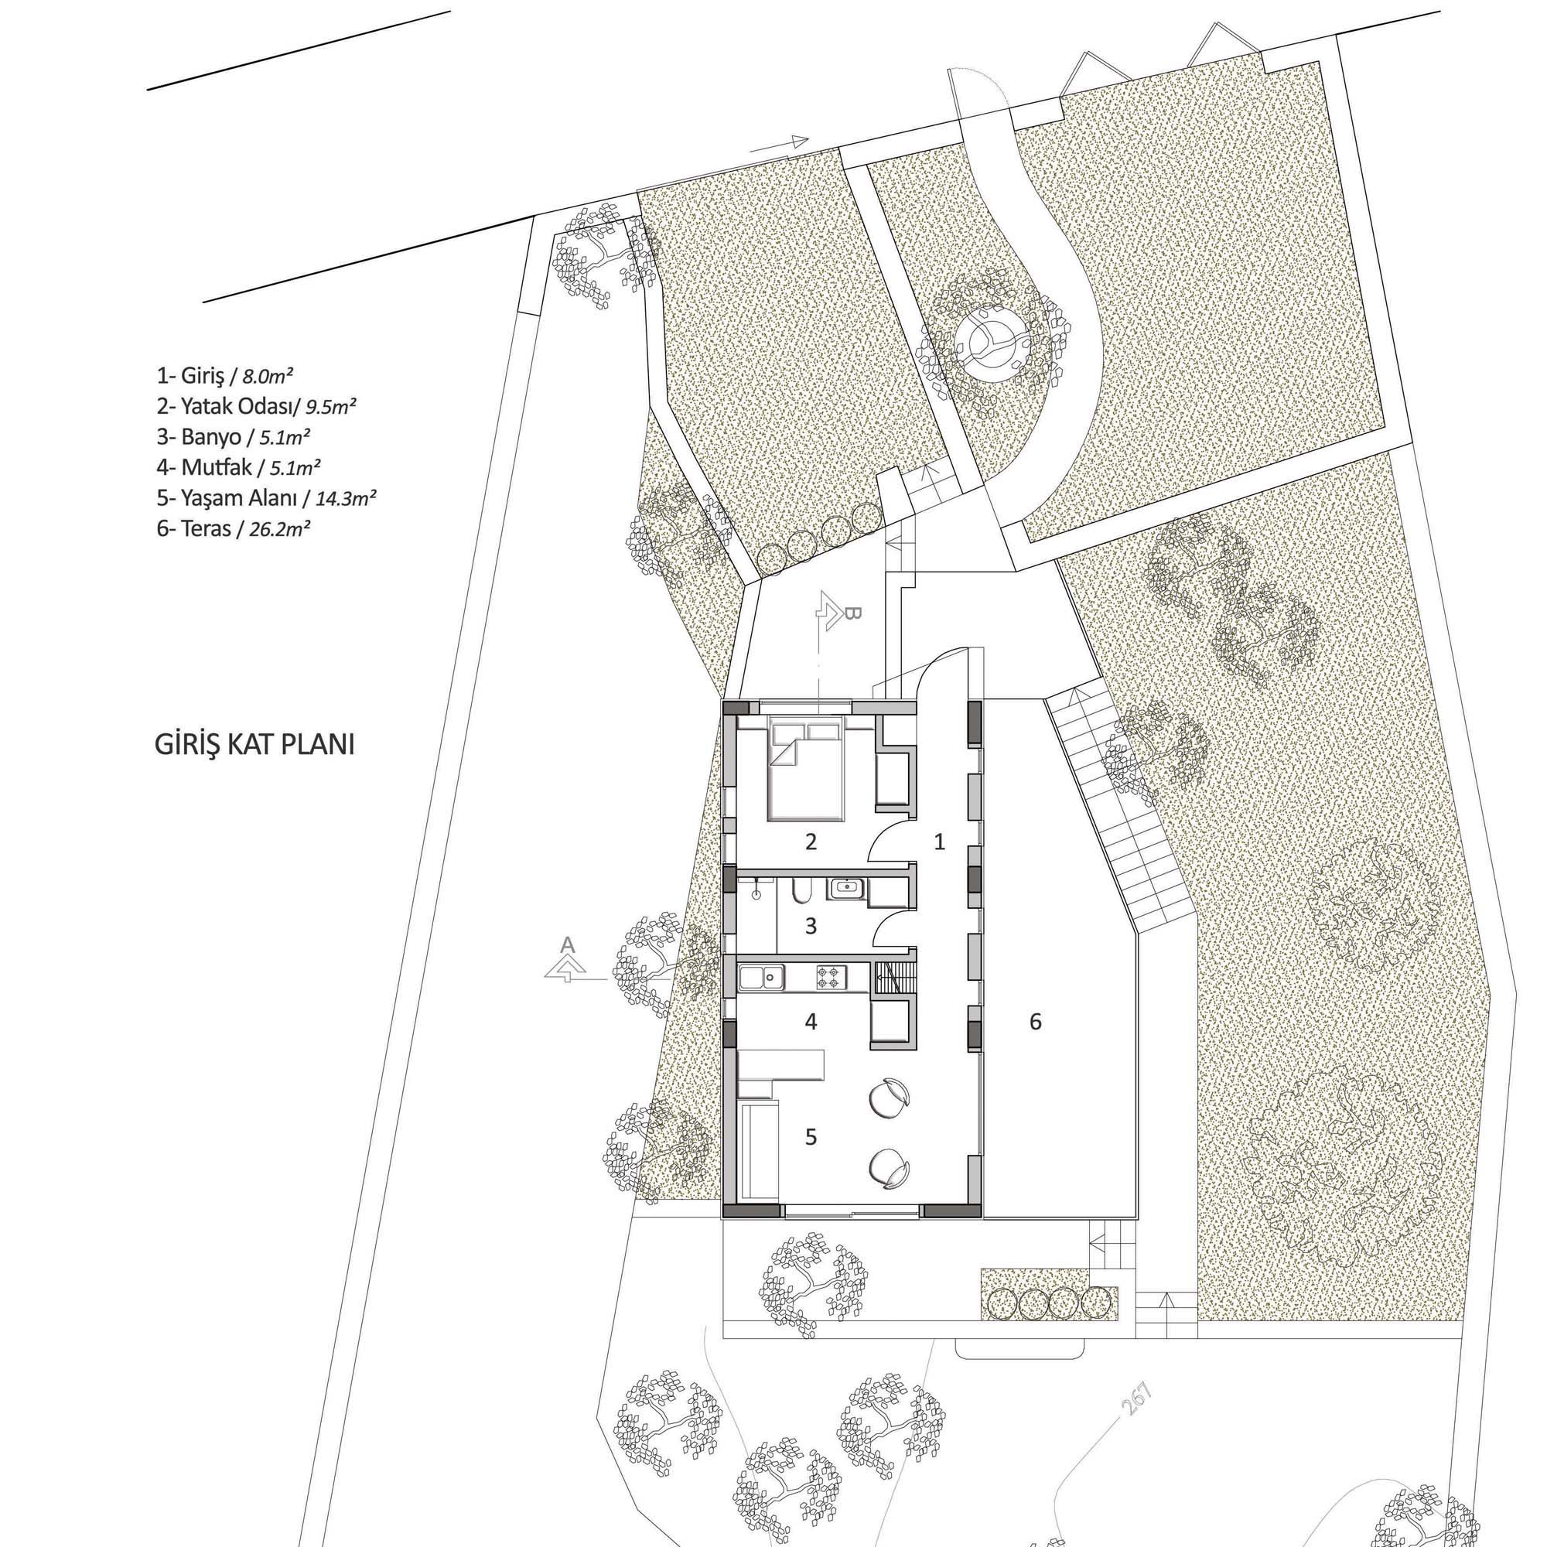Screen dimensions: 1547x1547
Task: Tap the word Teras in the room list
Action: coord(204,528)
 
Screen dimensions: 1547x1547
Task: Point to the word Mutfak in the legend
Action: coord(210,467)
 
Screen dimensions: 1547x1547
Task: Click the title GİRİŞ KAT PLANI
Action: coord(254,746)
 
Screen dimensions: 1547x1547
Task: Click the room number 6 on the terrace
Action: coord(1036,1022)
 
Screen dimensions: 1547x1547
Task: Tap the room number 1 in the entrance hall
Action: coord(940,842)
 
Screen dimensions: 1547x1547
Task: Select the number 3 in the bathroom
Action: coord(811,927)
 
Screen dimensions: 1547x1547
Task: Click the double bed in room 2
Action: coord(807,769)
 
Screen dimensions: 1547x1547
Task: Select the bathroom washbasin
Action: coord(846,888)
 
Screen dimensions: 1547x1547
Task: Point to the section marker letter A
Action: coord(567,945)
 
